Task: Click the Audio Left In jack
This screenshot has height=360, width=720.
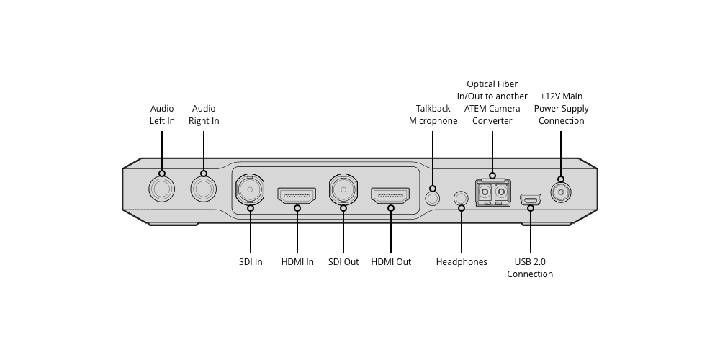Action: coord(161,189)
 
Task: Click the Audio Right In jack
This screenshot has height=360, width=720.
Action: coord(203,189)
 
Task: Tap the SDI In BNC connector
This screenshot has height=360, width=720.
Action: coord(250,190)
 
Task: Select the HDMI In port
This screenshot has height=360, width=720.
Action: coord(297,195)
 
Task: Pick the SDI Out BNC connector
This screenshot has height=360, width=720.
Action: coord(343,190)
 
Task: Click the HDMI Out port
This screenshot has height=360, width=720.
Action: coord(390,195)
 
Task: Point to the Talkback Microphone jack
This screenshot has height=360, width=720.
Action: coord(433,197)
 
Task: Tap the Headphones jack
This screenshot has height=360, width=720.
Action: coord(462,197)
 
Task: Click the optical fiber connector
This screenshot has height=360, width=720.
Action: coord(492,193)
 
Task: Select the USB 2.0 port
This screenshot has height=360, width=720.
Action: coord(531,199)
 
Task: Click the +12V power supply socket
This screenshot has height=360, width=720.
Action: coord(561,192)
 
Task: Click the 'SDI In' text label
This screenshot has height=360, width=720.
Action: coord(251,262)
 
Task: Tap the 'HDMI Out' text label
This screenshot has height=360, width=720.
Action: coord(391,262)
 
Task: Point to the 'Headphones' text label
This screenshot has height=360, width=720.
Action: coord(462,262)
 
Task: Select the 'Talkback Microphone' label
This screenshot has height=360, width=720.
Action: coord(433,114)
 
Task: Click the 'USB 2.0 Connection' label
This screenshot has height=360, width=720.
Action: coord(530,268)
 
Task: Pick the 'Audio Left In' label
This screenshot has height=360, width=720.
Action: coord(162,114)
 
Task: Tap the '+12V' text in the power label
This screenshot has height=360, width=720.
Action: coord(550,96)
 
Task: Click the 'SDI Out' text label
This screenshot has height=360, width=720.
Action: coord(343,262)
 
